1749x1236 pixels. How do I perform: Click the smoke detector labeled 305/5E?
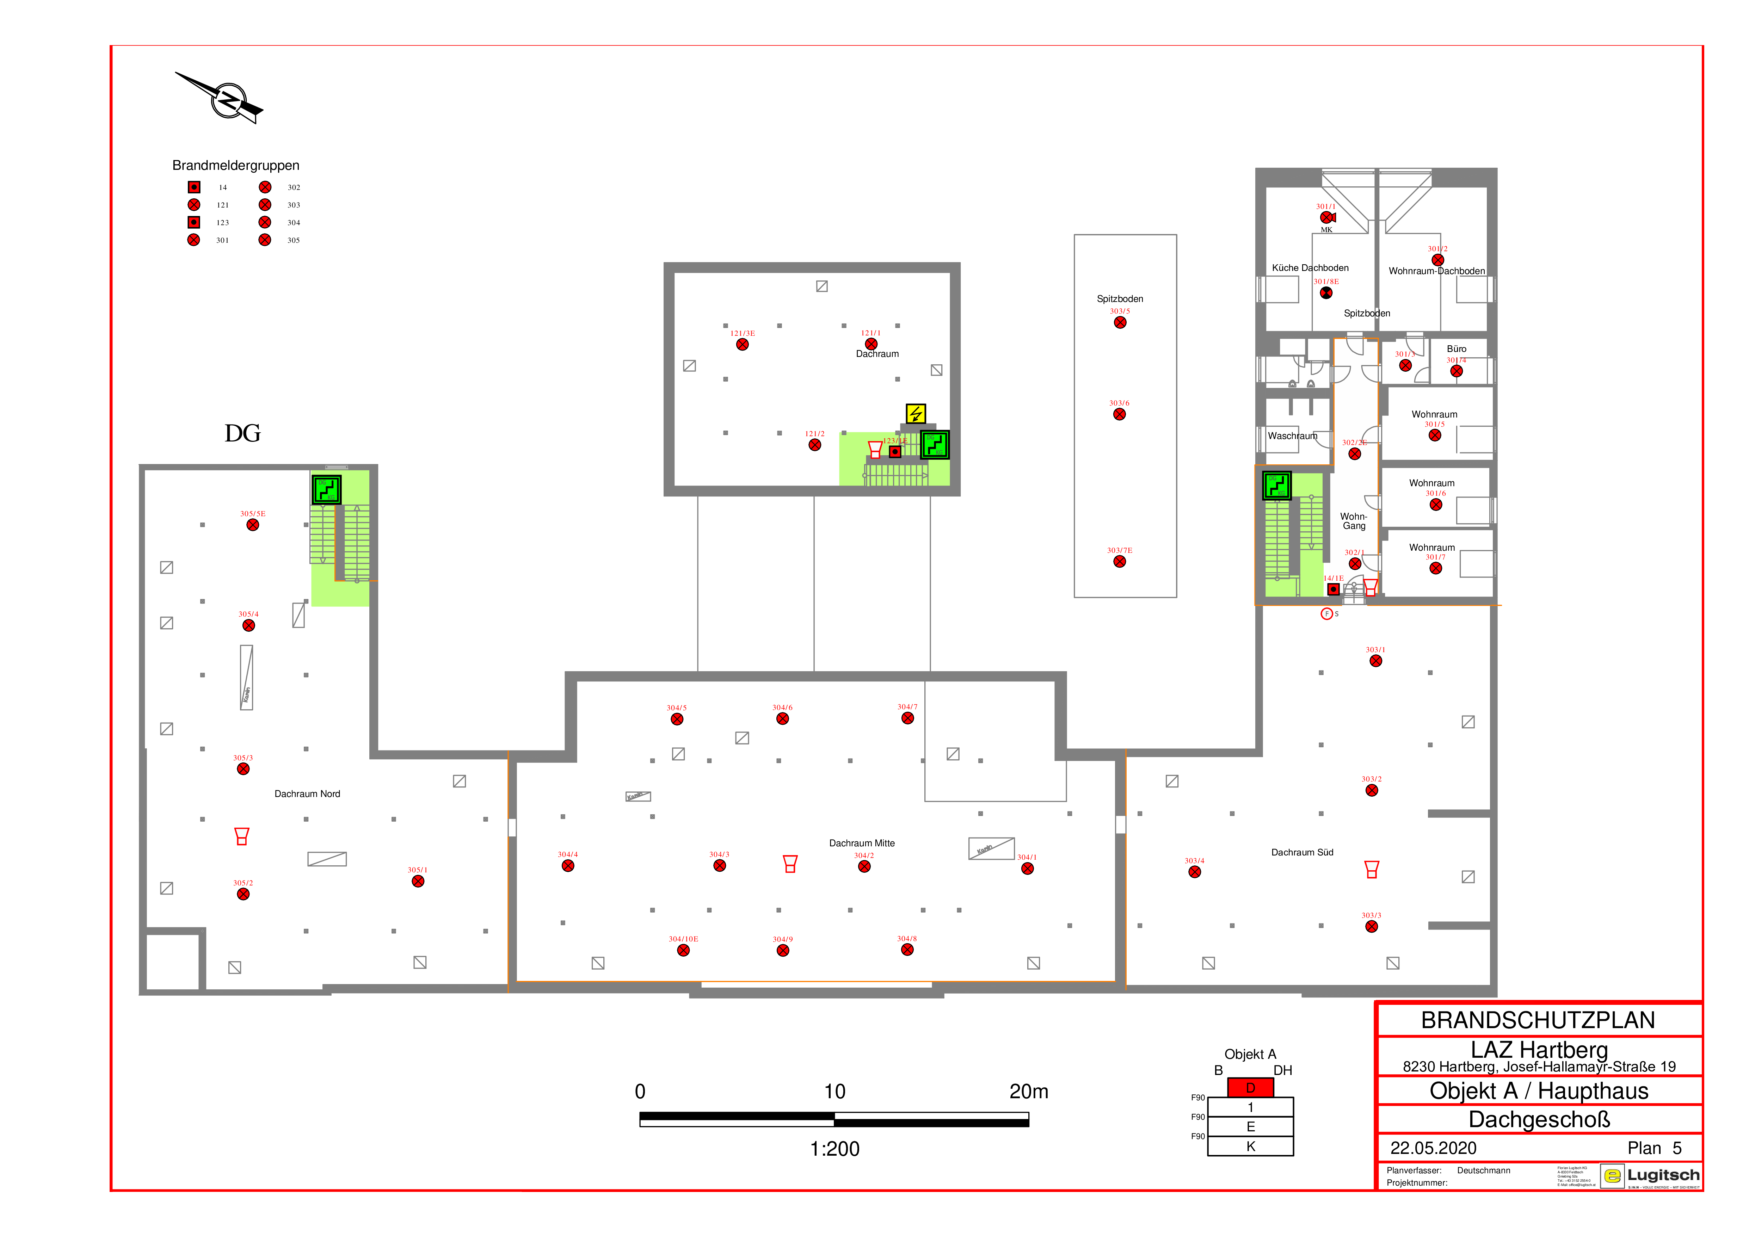253,525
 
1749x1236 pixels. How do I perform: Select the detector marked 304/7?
907,718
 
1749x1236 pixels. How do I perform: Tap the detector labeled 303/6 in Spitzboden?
1119,414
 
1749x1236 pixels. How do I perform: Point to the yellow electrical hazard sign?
916,414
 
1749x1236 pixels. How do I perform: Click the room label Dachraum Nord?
307,793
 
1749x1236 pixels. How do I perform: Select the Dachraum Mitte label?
862,843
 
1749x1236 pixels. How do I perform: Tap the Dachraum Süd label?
1302,852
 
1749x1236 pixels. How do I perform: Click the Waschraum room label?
1292,435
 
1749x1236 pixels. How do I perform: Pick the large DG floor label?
242,433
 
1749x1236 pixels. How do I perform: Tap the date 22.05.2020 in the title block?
1433,1148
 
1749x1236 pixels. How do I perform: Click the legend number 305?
293,240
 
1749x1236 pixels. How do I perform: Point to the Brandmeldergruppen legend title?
235,165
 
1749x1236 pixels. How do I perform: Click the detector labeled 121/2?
814,445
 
